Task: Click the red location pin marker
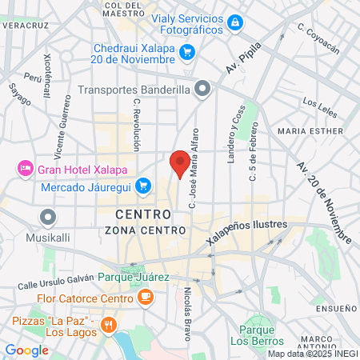tap(181, 162)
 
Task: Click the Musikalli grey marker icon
tap(49, 217)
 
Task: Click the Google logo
tap(26, 350)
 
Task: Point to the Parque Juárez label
tap(134, 277)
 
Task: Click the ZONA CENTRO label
tap(138, 230)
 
